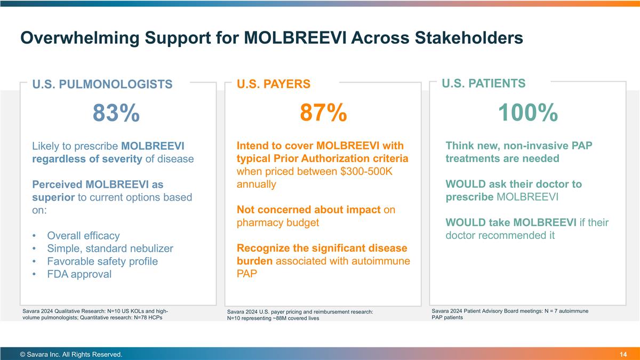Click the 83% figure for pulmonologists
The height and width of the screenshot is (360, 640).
point(116,113)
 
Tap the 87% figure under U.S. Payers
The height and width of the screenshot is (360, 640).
point(323,113)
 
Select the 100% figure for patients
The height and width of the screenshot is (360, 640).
point(528,113)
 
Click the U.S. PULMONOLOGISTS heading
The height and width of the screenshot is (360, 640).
point(102,84)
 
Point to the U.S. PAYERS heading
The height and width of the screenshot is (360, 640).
point(273,84)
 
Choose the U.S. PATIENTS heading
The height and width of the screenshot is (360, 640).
point(484,83)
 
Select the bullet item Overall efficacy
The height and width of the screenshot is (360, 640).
point(83,236)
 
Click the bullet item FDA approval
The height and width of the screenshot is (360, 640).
point(79,274)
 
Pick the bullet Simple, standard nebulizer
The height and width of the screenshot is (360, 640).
point(110,249)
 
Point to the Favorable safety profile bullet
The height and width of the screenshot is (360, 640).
point(102,261)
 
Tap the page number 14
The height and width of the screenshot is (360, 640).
point(623,355)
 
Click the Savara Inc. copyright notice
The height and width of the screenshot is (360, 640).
point(71,355)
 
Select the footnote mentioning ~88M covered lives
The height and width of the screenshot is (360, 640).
point(300,315)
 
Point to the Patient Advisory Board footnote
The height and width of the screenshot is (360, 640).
point(510,314)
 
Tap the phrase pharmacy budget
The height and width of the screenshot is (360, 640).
point(278,223)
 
